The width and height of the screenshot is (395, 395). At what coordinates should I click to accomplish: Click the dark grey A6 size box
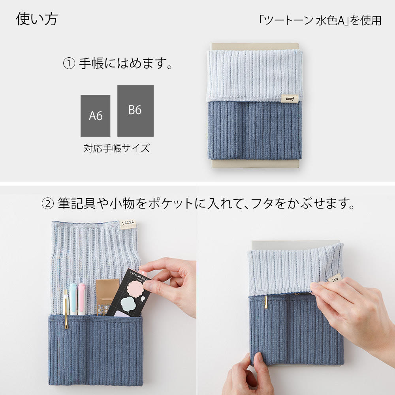(96, 116)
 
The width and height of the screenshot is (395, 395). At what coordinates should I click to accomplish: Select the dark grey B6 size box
(135, 111)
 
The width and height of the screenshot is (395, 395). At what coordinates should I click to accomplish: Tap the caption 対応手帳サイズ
(117, 149)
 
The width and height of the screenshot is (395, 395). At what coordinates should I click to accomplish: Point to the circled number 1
(69, 64)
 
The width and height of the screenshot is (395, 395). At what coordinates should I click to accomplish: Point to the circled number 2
(47, 204)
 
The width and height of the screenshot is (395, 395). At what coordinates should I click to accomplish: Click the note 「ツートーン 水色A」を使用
(320, 21)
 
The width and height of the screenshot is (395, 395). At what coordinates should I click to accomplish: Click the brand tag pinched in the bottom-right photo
(335, 279)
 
